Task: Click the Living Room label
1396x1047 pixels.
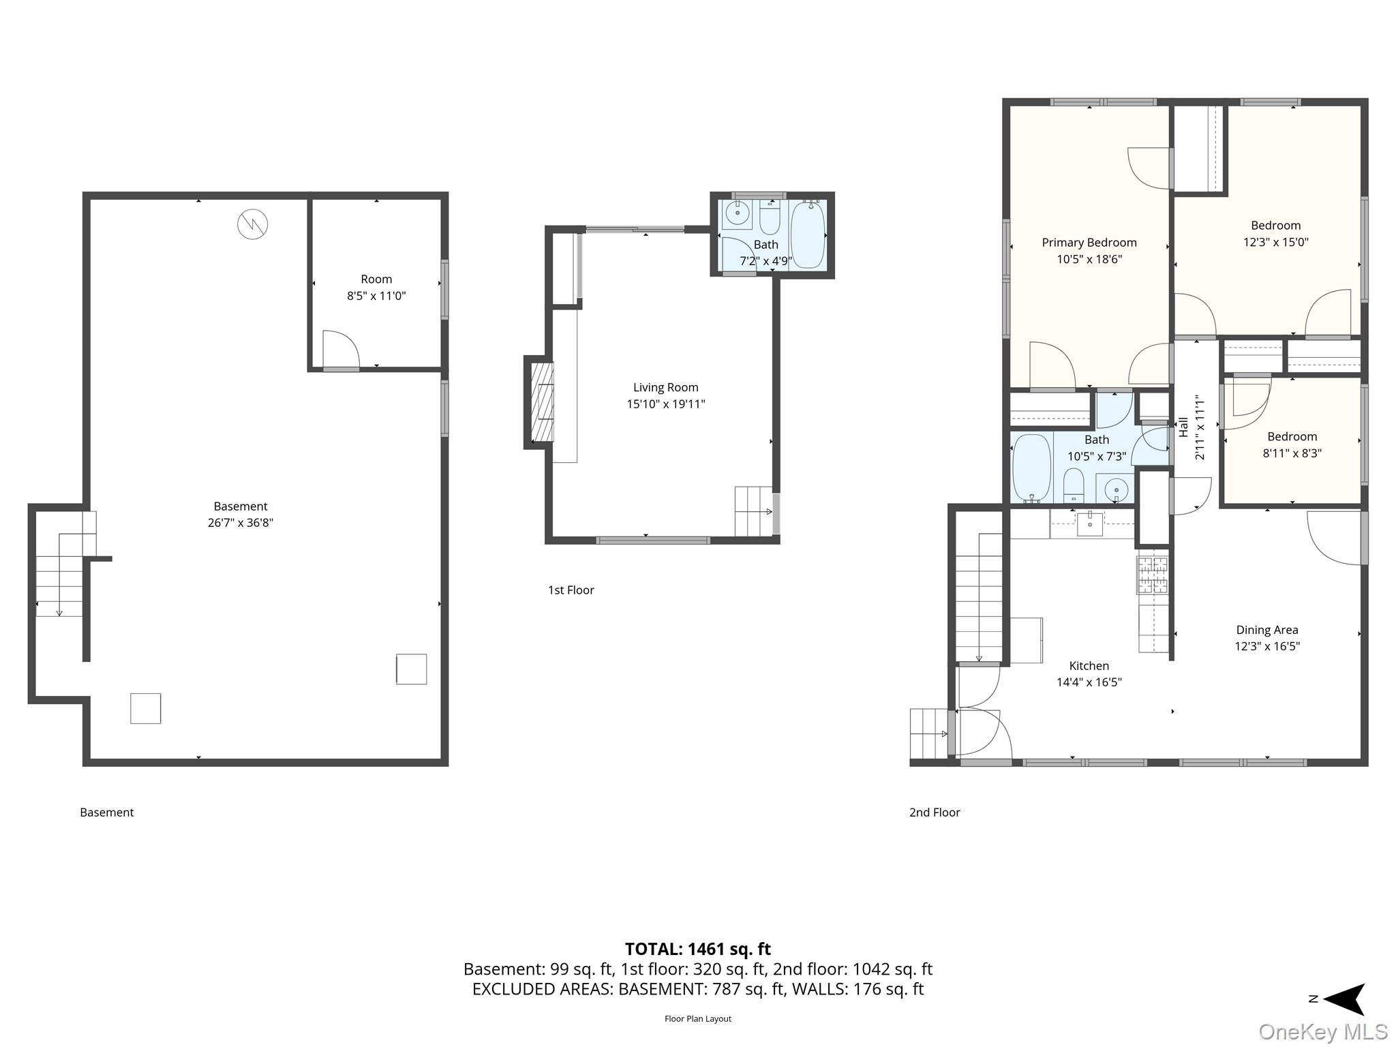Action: pyautogui.click(x=665, y=387)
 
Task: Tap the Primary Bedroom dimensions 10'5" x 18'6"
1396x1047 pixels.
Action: pyautogui.click(x=1089, y=259)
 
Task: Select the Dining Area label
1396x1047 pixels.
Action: pyautogui.click(x=1267, y=630)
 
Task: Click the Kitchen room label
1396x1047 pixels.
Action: pyautogui.click(x=1089, y=665)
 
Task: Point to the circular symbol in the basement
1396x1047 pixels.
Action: pyautogui.click(x=252, y=224)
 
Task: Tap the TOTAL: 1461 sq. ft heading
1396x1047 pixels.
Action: pyautogui.click(x=698, y=948)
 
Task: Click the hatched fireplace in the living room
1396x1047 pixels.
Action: pyautogui.click(x=543, y=401)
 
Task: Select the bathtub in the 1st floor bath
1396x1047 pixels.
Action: pyautogui.click(x=808, y=234)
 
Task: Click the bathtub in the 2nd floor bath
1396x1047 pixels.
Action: pyautogui.click(x=1031, y=468)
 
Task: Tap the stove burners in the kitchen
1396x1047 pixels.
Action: pyautogui.click(x=1152, y=575)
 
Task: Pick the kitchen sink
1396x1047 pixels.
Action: pyautogui.click(x=1090, y=523)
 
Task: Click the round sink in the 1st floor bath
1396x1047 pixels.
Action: pyautogui.click(x=736, y=213)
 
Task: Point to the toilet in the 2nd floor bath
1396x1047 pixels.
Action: pyautogui.click(x=1074, y=484)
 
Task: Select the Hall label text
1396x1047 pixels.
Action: pyautogui.click(x=1183, y=427)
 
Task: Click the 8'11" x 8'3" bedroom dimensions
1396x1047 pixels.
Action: pyautogui.click(x=1292, y=453)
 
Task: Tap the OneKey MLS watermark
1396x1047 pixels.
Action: pyautogui.click(x=1323, y=1031)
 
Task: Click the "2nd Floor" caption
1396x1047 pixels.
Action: pyautogui.click(x=935, y=812)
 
